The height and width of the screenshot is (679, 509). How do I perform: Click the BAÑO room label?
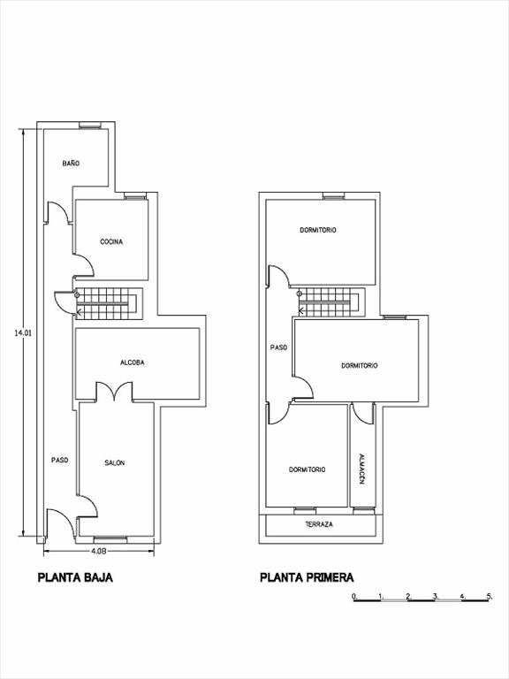tap(71, 164)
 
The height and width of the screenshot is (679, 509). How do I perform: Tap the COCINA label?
tap(111, 241)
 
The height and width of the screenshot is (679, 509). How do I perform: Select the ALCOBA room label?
tap(132, 362)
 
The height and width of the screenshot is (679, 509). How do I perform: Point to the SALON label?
tap(115, 463)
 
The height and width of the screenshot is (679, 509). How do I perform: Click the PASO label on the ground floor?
tap(60, 461)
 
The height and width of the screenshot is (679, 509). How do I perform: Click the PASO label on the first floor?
tap(278, 347)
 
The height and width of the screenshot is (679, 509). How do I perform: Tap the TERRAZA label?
tap(319, 524)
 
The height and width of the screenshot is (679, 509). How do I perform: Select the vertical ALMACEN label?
tap(362, 469)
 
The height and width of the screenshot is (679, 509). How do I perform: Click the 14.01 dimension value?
tap(23, 333)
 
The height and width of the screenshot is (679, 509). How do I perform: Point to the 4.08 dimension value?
tap(98, 551)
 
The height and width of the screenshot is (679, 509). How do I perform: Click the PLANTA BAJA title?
tap(75, 577)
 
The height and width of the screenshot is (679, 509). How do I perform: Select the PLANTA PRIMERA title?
tap(307, 577)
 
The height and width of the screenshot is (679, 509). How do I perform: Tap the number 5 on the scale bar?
tap(489, 596)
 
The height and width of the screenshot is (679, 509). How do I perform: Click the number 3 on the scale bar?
tap(436, 596)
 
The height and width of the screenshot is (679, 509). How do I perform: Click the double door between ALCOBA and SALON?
tap(114, 392)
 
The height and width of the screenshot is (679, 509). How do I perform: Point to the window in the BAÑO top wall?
tap(90, 126)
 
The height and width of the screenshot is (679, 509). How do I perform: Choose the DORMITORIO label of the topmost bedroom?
tap(318, 230)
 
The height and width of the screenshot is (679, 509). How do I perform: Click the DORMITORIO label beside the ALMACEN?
tap(308, 469)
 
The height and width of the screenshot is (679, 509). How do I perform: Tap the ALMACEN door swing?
tap(363, 414)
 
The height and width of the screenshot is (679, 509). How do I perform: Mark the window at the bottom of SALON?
tap(110, 539)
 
